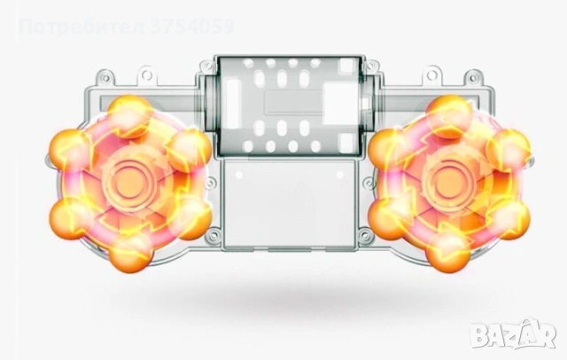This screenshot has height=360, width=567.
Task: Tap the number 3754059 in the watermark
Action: click(191, 27)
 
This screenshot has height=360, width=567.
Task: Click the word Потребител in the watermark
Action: click(82, 27)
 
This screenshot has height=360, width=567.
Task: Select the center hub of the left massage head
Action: click(130, 184)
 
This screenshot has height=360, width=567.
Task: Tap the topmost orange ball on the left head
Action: click(129, 112)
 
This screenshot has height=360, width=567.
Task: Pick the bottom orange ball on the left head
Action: click(130, 254)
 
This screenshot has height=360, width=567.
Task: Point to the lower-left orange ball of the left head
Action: click(69, 218)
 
